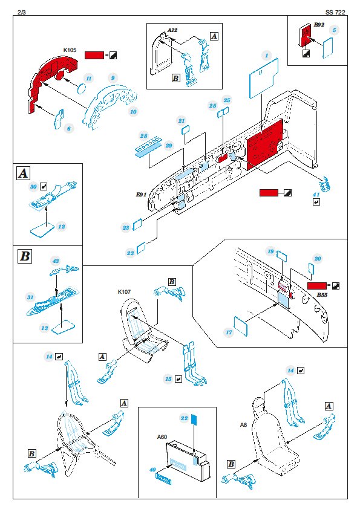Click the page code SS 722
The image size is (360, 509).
335,12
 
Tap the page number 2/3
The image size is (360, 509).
22,12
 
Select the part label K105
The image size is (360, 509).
70,50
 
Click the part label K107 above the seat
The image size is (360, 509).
124,292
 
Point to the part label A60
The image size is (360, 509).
162,437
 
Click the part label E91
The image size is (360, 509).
141,195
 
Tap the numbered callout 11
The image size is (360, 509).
89,78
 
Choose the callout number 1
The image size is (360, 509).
266,56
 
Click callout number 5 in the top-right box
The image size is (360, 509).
334,30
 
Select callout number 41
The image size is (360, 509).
316,195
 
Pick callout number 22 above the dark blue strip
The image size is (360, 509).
184,418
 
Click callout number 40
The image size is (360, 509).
152,470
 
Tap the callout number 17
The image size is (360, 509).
229,332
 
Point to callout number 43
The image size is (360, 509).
56,261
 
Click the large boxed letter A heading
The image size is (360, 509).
24,173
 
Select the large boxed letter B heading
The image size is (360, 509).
25,256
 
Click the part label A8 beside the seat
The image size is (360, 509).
243,424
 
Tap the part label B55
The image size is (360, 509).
322,295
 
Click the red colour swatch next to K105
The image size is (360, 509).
94,55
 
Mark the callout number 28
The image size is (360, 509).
143,136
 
